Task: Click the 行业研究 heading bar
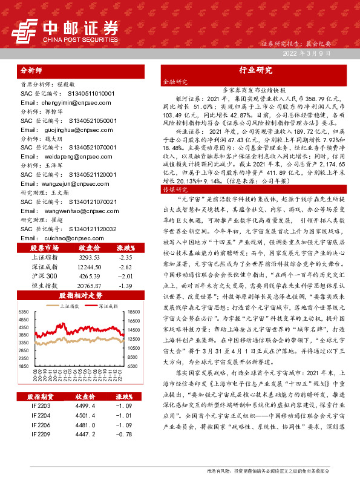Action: [x=255, y=70]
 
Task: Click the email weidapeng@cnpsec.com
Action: [x=57, y=154]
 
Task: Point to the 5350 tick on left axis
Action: [x=24, y=311]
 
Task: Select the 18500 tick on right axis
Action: [x=134, y=311]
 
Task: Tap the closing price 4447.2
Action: [x=87, y=451]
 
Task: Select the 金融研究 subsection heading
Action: [x=175, y=80]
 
